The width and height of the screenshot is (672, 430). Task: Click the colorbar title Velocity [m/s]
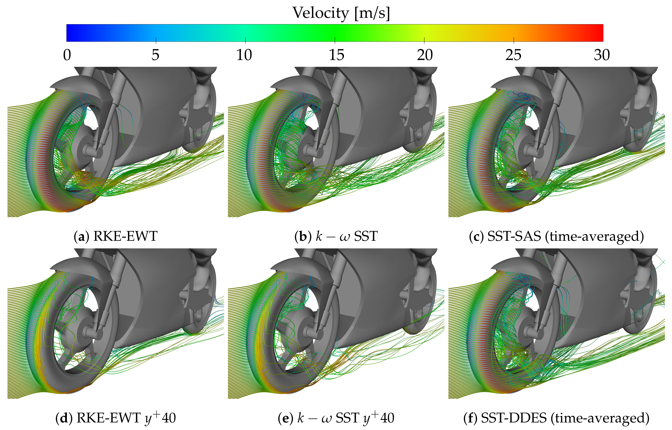(x=341, y=13)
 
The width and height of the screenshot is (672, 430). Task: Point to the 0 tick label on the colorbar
(x=67, y=55)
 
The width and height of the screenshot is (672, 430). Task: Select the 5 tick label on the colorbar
(x=156, y=55)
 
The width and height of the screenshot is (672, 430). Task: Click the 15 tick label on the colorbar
(x=336, y=55)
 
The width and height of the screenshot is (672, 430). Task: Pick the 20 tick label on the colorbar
(x=425, y=55)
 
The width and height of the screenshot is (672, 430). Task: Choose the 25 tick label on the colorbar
(x=513, y=55)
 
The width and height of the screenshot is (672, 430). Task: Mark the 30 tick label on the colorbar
(x=602, y=55)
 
